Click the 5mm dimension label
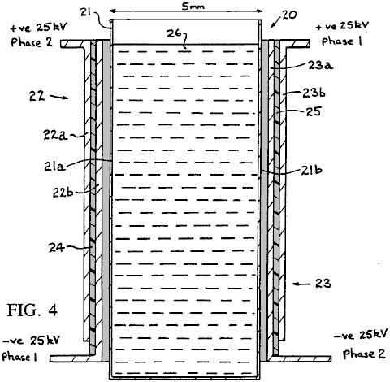(x=193, y=6)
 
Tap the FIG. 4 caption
(x=32, y=310)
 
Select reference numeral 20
(x=289, y=15)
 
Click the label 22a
(x=55, y=135)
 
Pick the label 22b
(x=63, y=193)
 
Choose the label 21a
(x=54, y=167)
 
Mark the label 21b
(x=311, y=170)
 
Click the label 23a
(x=320, y=65)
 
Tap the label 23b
(x=314, y=93)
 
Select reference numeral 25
(x=314, y=111)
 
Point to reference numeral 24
(x=56, y=248)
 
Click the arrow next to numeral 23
(x=301, y=284)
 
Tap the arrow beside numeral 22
(x=59, y=97)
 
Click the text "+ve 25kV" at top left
(x=39, y=28)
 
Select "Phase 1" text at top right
(x=341, y=41)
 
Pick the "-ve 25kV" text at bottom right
(x=362, y=336)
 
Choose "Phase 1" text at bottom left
(x=19, y=356)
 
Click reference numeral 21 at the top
(x=86, y=12)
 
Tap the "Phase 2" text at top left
(x=32, y=42)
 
